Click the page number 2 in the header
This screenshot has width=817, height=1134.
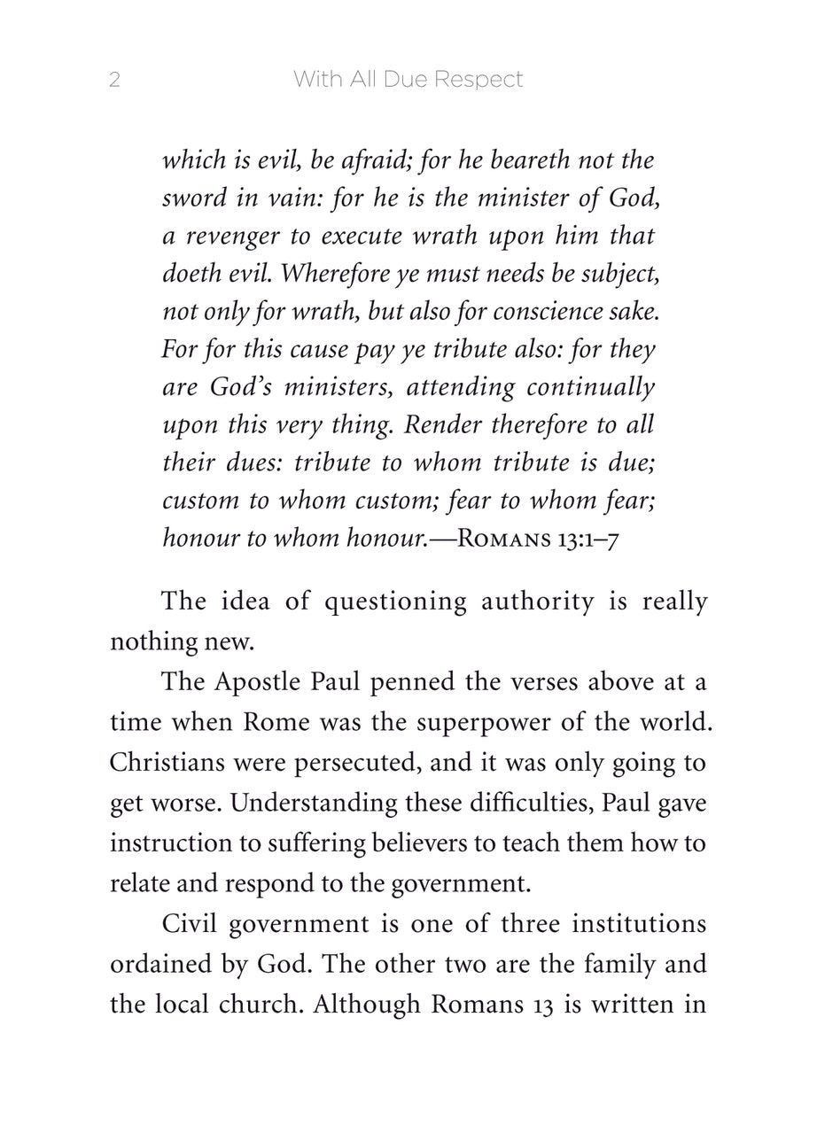pyautogui.click(x=114, y=80)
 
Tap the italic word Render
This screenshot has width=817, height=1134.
pyautogui.click(x=444, y=425)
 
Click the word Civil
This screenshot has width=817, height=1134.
pyautogui.click(x=189, y=924)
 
